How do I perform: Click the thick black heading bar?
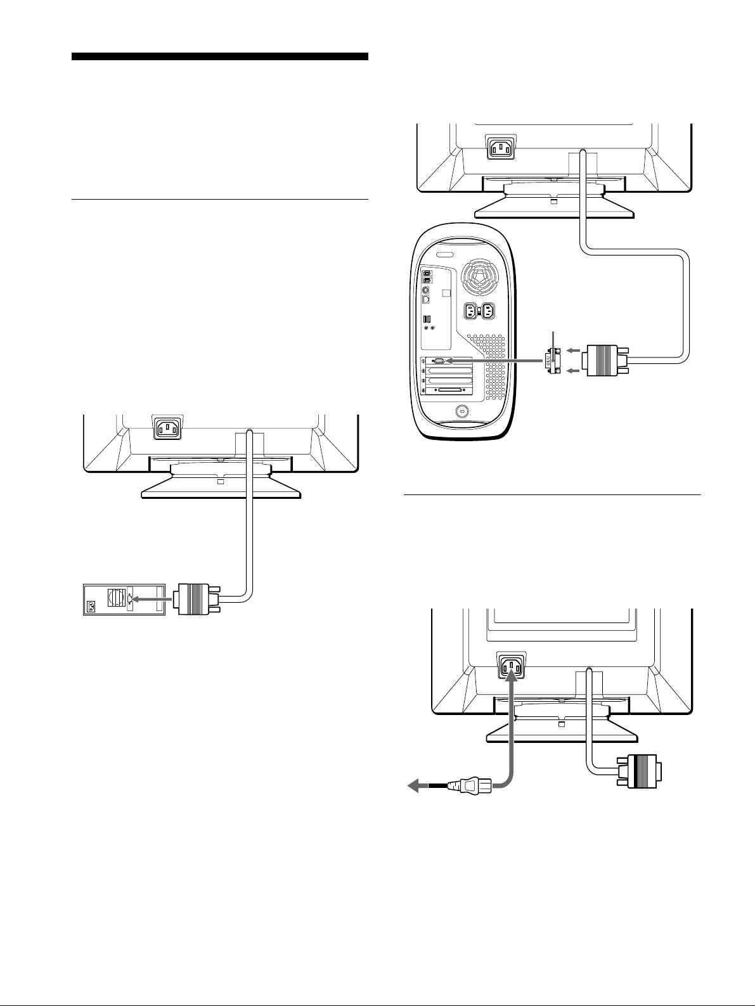pyautogui.click(x=219, y=56)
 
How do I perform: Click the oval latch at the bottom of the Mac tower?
pyautogui.click(x=461, y=411)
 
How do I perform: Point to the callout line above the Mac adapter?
pyautogui.click(x=554, y=339)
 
